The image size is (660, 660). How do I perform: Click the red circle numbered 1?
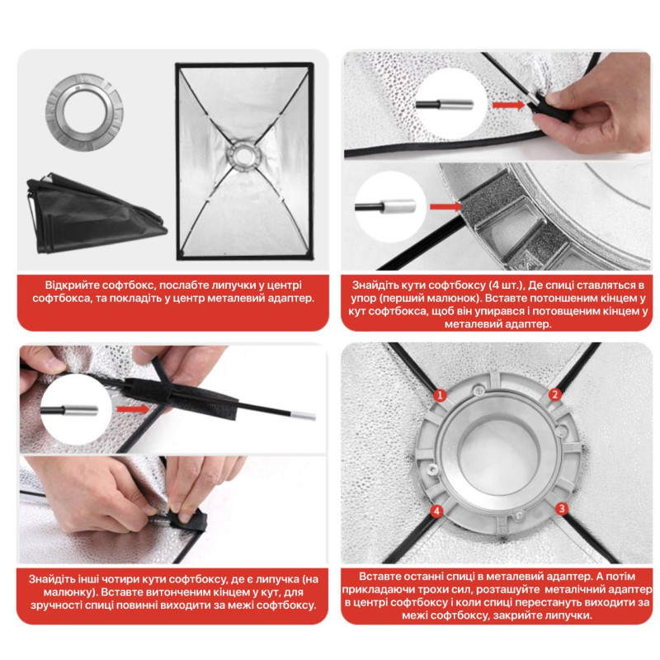(x=441, y=395)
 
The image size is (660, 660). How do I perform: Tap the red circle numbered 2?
(x=554, y=394)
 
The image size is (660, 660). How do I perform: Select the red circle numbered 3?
(x=562, y=508)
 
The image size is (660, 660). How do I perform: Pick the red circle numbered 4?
(x=437, y=511)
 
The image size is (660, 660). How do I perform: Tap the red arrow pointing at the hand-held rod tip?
(x=508, y=105)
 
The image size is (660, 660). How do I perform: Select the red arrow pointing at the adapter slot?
(x=445, y=206)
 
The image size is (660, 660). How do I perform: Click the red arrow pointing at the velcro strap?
(x=133, y=409)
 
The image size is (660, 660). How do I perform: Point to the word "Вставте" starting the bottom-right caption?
(x=379, y=576)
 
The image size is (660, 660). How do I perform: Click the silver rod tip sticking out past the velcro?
(x=304, y=416)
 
